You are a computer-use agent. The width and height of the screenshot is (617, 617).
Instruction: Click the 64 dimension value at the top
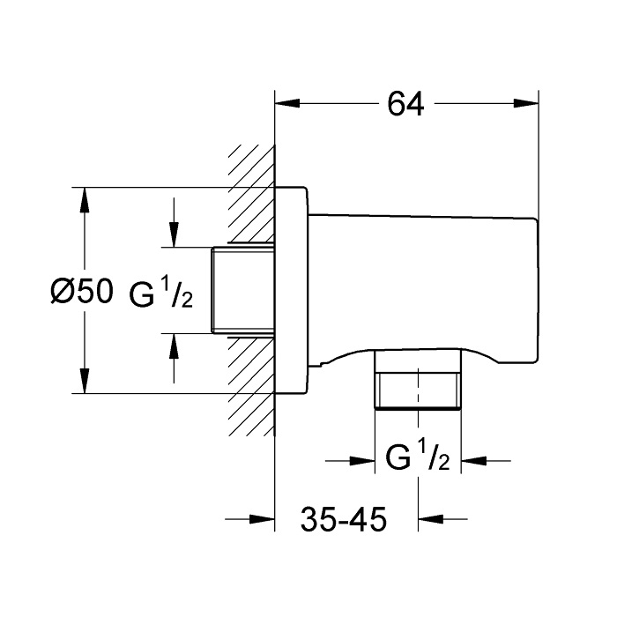405,104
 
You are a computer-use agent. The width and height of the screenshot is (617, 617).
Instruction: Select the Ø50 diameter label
82,292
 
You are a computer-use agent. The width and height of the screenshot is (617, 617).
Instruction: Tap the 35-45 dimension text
344,519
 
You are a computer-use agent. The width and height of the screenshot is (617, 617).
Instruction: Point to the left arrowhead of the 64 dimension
287,103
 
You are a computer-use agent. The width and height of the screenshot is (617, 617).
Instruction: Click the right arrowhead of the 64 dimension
525,103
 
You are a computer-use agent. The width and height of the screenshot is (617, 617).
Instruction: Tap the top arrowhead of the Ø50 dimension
85,200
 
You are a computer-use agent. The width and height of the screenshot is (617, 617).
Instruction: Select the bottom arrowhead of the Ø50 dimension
85,380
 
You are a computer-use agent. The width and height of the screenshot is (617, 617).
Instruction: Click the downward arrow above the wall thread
174,223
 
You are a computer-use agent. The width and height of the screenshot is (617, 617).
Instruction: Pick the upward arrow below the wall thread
174,358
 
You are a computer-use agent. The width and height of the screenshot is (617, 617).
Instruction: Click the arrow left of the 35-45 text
249,519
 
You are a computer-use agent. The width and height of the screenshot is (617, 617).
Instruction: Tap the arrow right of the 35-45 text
442,519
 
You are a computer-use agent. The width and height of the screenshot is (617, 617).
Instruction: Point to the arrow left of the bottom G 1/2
350,460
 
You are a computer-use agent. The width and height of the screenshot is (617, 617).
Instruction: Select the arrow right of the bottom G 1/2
486,460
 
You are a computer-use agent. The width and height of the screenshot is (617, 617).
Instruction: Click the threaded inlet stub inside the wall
242,290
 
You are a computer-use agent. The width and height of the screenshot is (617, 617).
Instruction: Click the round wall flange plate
291,290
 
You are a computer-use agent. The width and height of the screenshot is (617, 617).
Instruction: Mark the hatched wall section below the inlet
252,386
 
